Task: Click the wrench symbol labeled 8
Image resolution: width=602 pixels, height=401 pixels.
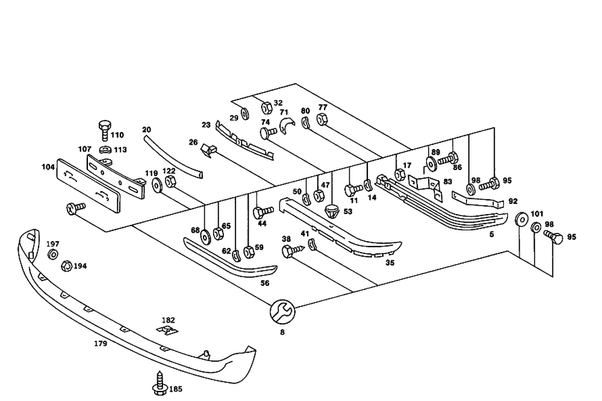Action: click(x=282, y=311)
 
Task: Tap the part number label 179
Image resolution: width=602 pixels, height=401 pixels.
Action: click(x=101, y=344)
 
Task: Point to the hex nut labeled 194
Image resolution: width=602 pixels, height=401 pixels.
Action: click(x=67, y=265)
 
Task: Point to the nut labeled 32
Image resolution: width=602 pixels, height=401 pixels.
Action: click(x=265, y=109)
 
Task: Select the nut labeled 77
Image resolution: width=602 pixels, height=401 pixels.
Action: click(x=321, y=120)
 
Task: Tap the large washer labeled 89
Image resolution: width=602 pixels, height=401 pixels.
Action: click(x=432, y=163)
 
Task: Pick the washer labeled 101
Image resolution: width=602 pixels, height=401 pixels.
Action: click(x=535, y=228)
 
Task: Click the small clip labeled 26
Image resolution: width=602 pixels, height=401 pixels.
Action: click(x=210, y=150)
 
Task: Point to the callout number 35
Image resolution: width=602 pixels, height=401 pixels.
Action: click(x=389, y=263)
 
